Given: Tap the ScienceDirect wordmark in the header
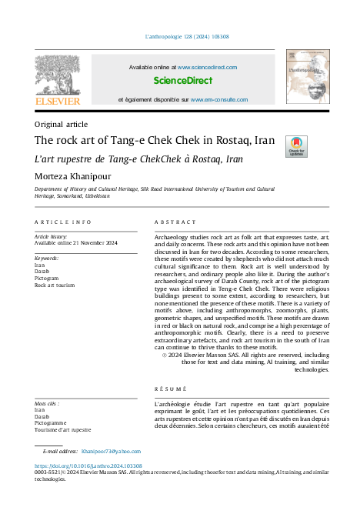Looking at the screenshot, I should tap(183, 80).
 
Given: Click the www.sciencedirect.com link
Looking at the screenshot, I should tap(208, 67).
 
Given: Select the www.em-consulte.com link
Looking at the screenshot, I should tap(219, 100).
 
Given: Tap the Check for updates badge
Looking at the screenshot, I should tap(296, 146).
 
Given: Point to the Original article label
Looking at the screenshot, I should tap(62, 124).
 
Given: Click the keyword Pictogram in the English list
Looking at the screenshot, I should tap(48, 279).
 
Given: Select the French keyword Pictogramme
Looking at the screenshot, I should tap(52, 423).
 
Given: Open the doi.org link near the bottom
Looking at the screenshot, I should tap(88, 466).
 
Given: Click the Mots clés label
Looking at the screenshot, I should tap(47, 403).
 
